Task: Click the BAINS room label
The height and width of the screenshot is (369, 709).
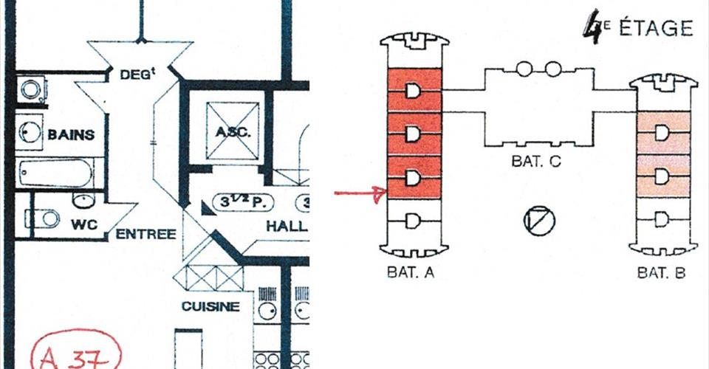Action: coord(71,135)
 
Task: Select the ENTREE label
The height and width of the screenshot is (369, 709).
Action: coord(146,235)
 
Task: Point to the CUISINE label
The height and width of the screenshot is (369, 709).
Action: coord(211,306)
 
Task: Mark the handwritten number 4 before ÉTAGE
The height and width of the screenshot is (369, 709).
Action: coord(592,27)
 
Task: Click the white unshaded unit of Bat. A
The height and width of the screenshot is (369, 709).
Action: coord(413,219)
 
